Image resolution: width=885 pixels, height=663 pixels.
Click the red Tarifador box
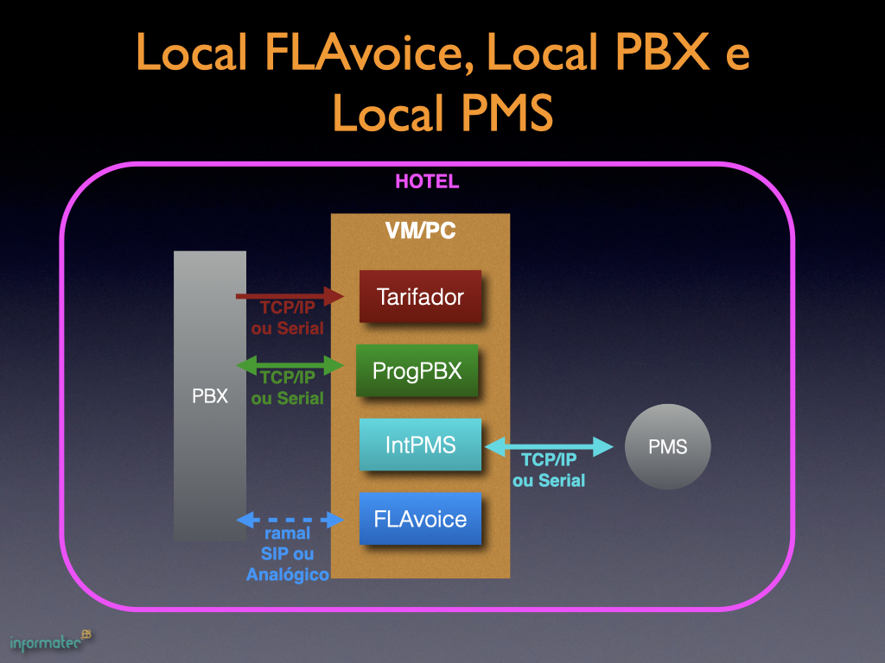[x=420, y=297]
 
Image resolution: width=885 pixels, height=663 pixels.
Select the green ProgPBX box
[x=417, y=370]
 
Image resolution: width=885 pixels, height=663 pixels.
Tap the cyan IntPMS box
[x=420, y=445]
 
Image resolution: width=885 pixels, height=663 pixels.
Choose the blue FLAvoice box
[x=420, y=519]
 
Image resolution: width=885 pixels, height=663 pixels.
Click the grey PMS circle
[x=667, y=446]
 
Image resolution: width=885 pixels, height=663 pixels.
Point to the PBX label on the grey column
[x=210, y=397]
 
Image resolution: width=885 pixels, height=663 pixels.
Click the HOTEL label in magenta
[x=427, y=182]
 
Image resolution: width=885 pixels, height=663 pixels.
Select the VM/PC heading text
[x=420, y=231]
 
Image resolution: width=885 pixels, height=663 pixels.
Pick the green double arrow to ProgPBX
[x=290, y=364]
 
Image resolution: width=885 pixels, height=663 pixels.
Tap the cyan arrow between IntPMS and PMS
[x=550, y=446]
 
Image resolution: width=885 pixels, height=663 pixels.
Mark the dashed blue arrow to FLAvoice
[x=290, y=520]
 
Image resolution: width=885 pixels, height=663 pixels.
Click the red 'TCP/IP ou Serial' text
[x=288, y=318]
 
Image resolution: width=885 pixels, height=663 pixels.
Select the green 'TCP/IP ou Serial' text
[x=288, y=388]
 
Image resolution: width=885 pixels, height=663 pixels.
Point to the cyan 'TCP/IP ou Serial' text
[x=549, y=470]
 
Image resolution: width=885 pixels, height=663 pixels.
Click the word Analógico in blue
[x=288, y=575]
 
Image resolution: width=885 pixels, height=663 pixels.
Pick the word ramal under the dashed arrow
[x=287, y=534]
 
